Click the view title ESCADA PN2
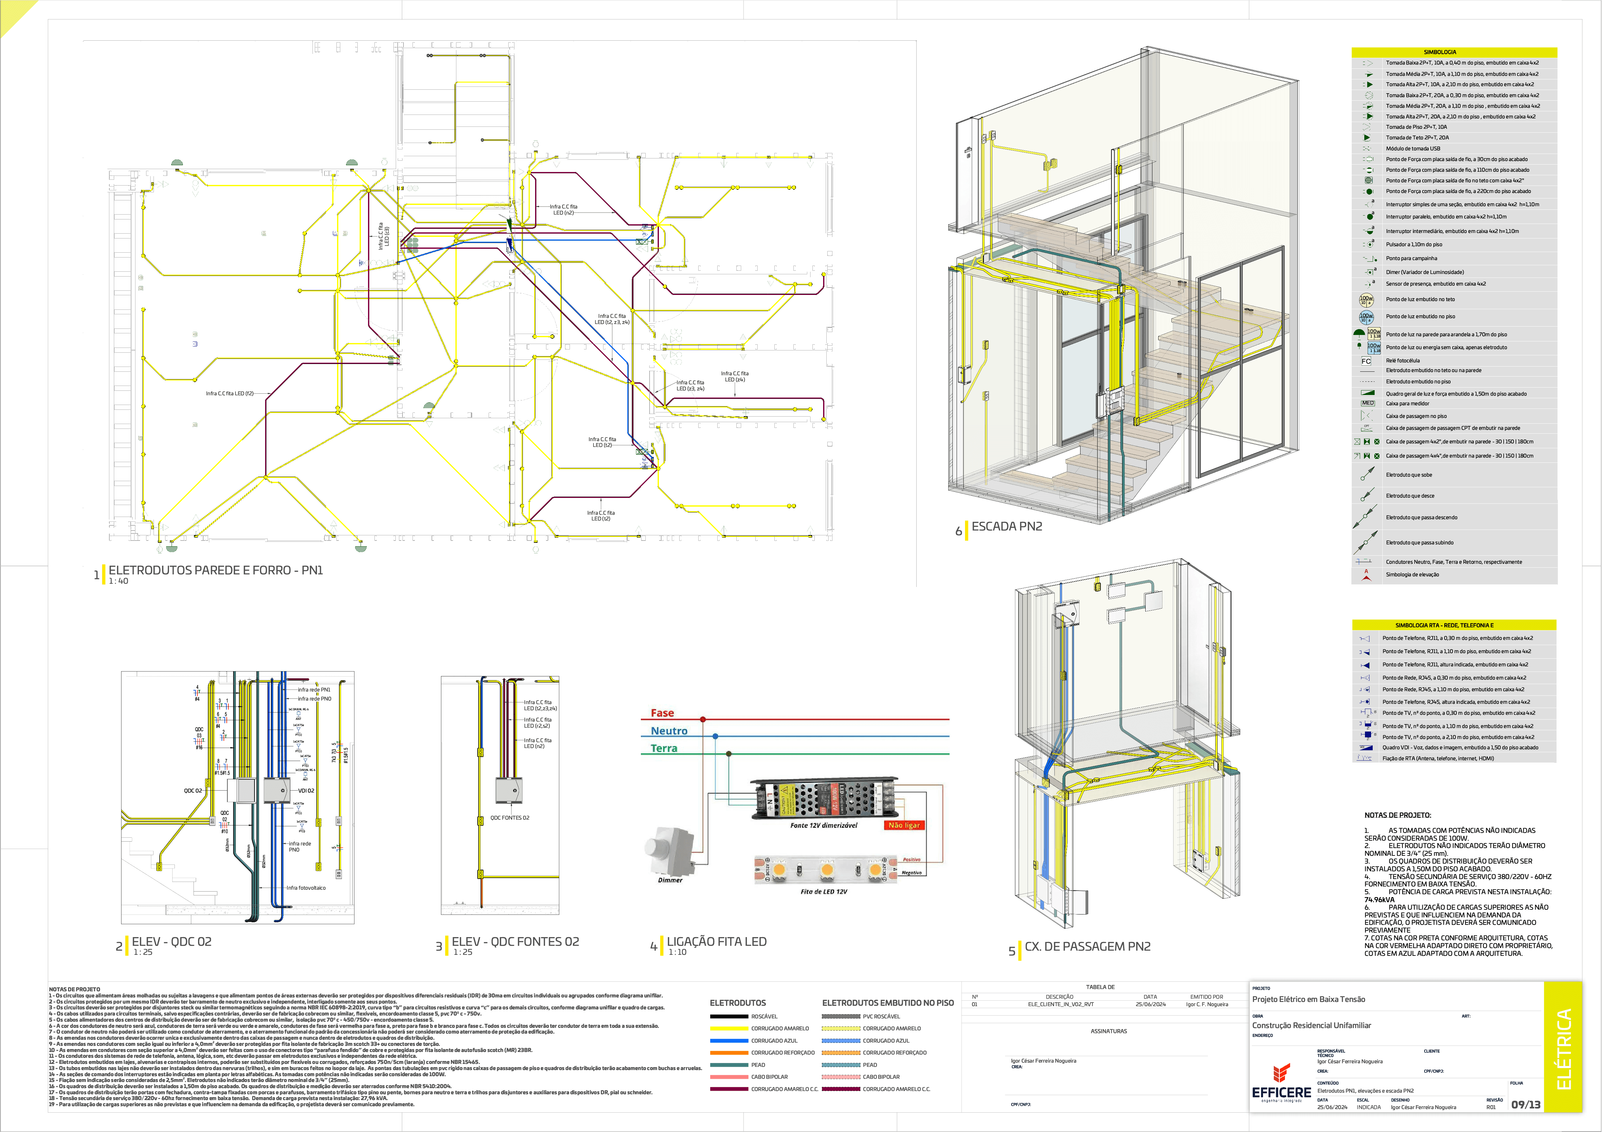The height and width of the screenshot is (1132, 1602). coord(1006,526)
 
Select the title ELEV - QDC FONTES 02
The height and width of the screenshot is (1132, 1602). coord(515,942)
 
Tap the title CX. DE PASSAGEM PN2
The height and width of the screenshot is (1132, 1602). coord(1087,946)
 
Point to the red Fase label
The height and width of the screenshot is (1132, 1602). coord(662,713)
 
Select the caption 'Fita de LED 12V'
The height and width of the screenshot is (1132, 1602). coord(823,891)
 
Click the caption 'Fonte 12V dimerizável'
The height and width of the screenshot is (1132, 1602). coord(823,825)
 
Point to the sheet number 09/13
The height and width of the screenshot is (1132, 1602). coord(1525,1104)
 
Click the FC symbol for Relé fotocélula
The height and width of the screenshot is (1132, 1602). coord(1366,361)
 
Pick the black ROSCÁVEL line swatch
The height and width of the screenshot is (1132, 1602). coord(729,1016)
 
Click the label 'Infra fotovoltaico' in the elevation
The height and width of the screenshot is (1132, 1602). coord(306,888)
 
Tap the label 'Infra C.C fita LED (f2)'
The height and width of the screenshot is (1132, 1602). coord(230,394)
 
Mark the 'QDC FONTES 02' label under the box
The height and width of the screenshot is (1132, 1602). coord(509,817)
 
